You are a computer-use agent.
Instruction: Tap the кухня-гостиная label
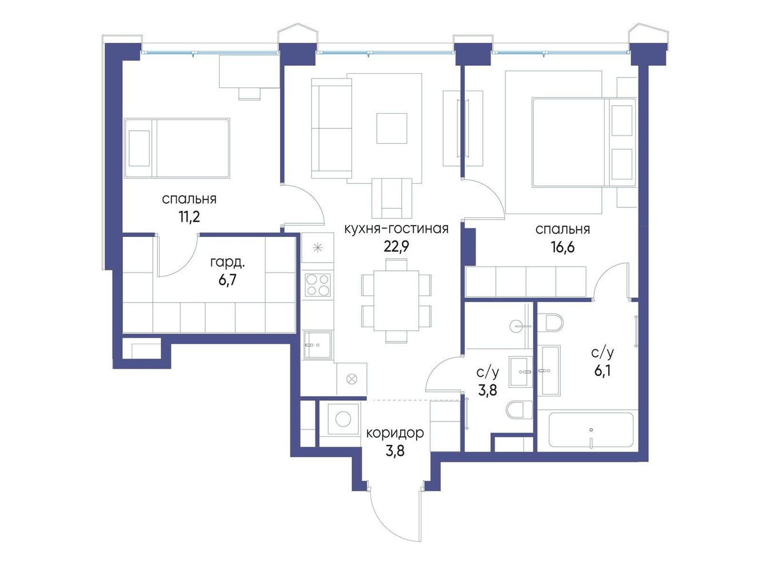click(396, 229)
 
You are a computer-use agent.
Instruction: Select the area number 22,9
click(396, 247)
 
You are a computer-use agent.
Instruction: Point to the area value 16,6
click(562, 247)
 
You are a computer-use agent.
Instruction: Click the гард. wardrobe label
click(228, 263)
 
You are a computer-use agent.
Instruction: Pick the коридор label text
click(395, 433)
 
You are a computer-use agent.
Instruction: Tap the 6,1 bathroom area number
click(603, 371)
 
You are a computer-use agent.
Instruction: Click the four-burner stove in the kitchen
click(317, 285)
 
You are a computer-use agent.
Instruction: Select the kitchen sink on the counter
click(317, 345)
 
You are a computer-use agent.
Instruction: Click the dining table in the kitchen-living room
click(396, 300)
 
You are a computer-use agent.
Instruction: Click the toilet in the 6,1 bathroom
click(552, 322)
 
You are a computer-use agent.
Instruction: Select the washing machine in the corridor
click(343, 419)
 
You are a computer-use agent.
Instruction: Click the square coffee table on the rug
click(392, 128)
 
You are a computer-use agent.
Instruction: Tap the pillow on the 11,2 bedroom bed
click(139, 148)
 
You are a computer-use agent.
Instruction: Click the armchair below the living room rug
click(392, 198)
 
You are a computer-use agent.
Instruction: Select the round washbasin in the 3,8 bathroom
click(518, 326)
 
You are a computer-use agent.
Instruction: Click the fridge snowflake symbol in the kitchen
click(317, 248)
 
